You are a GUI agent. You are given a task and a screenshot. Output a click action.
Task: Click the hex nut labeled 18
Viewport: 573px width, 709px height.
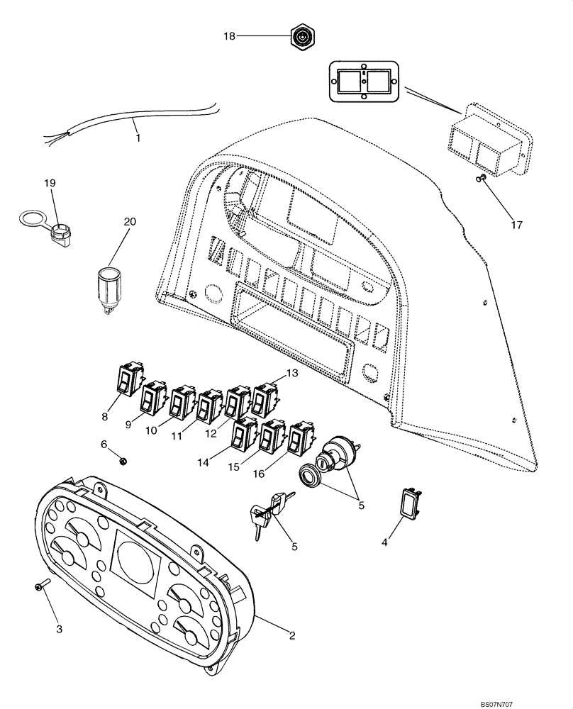coord(304,35)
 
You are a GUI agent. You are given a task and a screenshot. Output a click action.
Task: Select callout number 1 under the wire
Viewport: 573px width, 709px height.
coord(138,138)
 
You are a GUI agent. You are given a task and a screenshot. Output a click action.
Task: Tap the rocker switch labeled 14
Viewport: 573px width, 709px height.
coord(244,435)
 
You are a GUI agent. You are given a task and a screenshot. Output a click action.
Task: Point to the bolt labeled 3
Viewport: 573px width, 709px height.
coord(40,585)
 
